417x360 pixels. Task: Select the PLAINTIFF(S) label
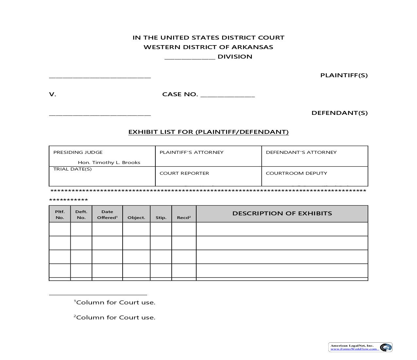[x=344, y=75]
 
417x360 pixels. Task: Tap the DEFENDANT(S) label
[x=339, y=113]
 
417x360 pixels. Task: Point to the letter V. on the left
[x=52, y=94]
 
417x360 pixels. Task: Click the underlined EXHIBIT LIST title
[x=208, y=132]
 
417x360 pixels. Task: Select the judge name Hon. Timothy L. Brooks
[x=109, y=162]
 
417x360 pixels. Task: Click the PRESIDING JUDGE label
[x=78, y=152]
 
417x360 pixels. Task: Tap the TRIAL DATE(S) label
[x=72, y=169]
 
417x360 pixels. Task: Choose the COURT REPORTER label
[x=184, y=173]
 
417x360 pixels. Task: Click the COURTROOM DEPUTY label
[x=296, y=173]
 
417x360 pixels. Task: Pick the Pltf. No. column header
[x=60, y=214]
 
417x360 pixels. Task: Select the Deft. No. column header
[x=81, y=214]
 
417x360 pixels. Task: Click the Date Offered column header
[x=107, y=214]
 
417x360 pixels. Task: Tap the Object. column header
[x=136, y=217]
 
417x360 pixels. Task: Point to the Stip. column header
[x=161, y=217]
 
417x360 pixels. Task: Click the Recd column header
[x=184, y=217]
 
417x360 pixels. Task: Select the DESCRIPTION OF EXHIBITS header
[x=282, y=213]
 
